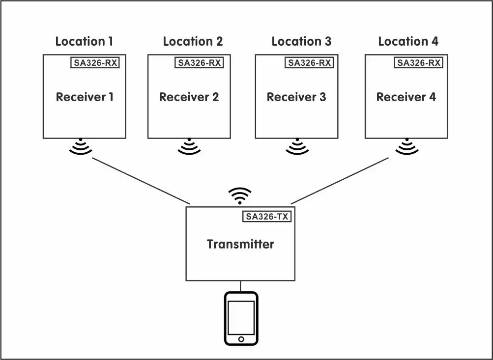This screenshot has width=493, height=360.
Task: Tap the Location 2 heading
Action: [x=192, y=41]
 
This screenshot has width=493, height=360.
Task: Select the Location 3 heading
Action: [x=301, y=41]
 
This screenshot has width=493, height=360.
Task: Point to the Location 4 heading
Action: [x=408, y=41]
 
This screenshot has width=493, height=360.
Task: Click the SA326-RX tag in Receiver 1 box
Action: [x=95, y=62]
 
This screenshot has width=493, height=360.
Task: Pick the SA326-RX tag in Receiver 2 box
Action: [x=200, y=62]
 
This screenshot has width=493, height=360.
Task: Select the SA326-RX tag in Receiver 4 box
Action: [x=418, y=62]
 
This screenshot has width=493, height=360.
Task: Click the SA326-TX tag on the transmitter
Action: [x=267, y=216]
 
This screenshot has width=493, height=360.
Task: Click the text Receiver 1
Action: [x=85, y=97]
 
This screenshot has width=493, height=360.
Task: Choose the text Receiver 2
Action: [x=189, y=97]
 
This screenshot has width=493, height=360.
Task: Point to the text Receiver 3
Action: [x=296, y=97]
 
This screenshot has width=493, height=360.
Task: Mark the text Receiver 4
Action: [x=406, y=97]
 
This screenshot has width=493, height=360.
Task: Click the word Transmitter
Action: [x=240, y=244]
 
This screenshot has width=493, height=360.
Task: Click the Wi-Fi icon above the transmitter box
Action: [x=240, y=195]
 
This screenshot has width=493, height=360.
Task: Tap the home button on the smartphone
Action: [x=241, y=339]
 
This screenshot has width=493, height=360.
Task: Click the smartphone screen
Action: [x=241, y=317]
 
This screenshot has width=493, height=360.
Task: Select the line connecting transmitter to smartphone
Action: [x=240, y=286]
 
